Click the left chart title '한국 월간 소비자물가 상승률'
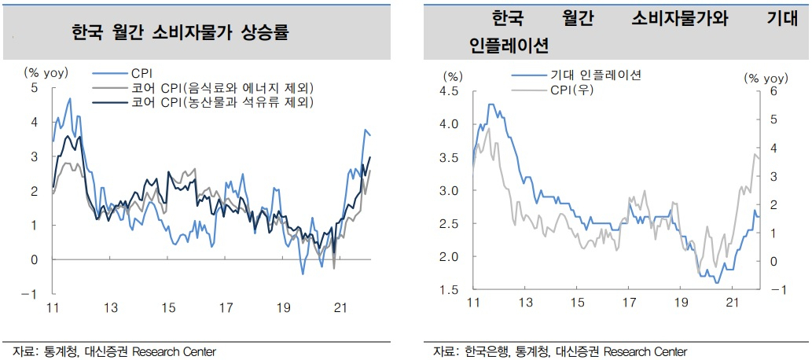coord(180,33)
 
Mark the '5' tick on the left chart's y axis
coord(34,87)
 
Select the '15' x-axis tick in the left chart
coord(168,308)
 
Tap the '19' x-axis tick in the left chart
coord(283,308)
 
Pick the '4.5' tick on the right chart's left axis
coord(449,91)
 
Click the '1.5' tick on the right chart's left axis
coord(449,290)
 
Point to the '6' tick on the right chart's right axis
coord(773,91)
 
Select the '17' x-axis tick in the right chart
coord(628,302)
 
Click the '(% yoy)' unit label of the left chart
coord(46,73)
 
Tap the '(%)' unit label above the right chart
coord(451,77)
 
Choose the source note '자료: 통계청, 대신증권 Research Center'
coord(114,351)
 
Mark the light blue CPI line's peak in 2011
coord(70,98)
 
